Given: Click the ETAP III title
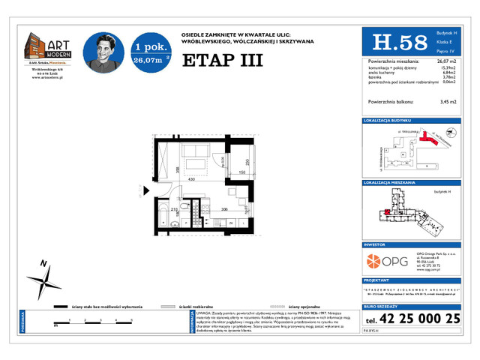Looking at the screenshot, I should [x=223, y=60].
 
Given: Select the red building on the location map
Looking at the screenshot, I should [x=430, y=136].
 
